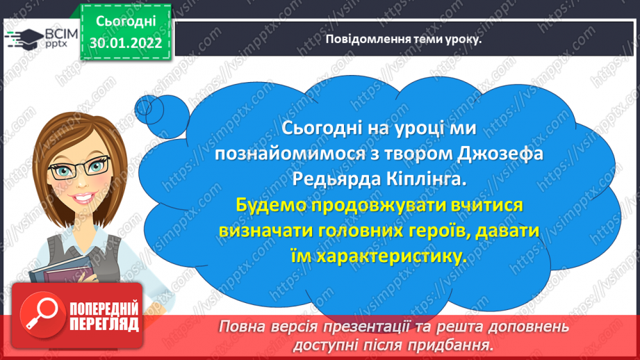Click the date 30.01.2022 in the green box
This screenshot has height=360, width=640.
pos(126,43)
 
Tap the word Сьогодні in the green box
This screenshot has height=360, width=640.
pos(126,22)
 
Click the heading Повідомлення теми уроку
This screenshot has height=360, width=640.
pos(403,39)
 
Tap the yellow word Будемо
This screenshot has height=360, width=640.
pos(271,205)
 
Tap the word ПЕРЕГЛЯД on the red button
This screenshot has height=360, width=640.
pos(104,325)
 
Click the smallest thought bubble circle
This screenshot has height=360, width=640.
pos(143,108)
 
